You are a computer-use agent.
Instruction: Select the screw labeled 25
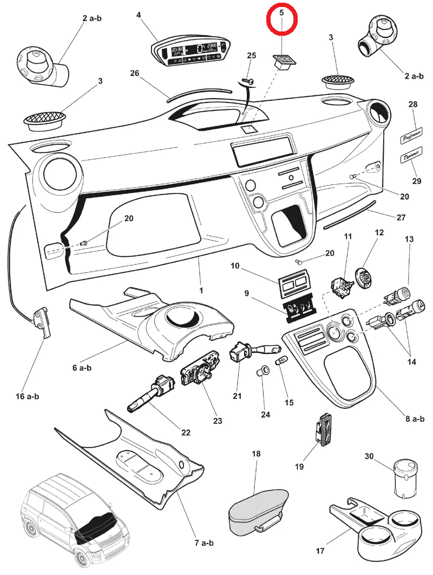click(248, 81)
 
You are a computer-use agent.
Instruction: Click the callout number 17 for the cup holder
click(320, 551)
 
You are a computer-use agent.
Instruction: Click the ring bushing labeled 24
click(263, 373)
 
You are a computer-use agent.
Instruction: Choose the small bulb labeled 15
click(282, 361)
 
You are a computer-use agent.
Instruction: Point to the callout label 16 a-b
click(27, 396)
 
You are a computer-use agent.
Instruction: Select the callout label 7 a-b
click(204, 542)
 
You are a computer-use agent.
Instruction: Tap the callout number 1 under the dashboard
click(201, 290)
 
